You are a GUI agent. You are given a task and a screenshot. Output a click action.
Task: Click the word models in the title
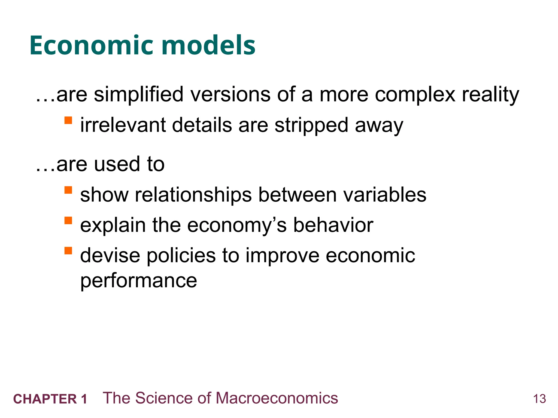coord(208,45)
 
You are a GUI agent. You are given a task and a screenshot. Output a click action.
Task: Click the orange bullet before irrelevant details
coord(68,120)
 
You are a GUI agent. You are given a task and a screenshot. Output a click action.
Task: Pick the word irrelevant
coord(123,125)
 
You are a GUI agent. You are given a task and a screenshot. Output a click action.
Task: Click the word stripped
coord(311,125)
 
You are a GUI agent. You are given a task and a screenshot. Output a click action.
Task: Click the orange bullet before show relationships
coord(68,190)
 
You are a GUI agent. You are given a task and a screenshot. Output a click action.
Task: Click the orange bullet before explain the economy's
coord(68,220)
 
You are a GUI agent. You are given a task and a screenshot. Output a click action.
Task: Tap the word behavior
coord(333,225)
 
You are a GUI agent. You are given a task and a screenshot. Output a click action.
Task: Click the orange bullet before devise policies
coord(68,250)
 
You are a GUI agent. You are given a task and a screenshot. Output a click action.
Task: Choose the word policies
coord(181,256)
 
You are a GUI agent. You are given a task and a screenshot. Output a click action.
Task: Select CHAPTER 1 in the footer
coord(50,399)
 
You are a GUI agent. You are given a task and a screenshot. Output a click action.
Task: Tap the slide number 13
coord(539,399)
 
